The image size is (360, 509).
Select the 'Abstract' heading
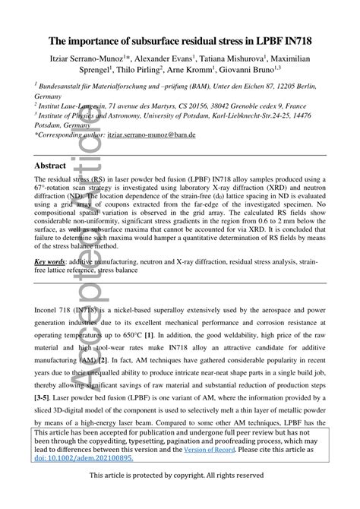tap(55, 165)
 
